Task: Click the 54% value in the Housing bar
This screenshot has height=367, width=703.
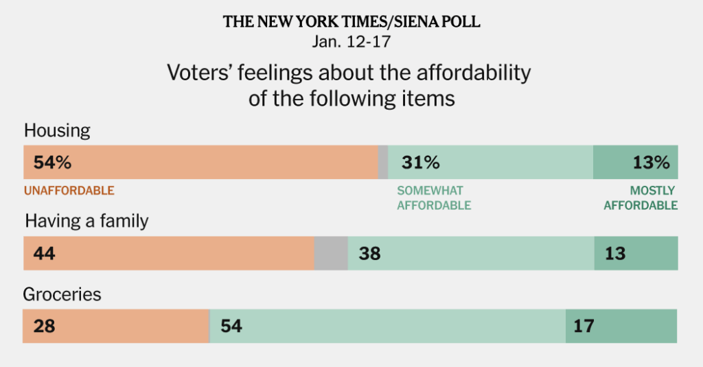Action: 48,163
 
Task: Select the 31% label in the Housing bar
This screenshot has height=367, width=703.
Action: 420,163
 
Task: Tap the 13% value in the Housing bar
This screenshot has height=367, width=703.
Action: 651,163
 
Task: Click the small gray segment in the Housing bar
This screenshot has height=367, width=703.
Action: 383,163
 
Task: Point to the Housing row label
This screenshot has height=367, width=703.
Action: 57,131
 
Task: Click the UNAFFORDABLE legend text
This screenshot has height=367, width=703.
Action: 69,191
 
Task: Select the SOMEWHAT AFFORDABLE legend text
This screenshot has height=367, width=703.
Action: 434,198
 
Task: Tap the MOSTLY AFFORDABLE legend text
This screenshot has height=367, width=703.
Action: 641,198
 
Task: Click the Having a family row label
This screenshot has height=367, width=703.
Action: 87,221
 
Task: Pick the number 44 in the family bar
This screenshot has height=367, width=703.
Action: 43,254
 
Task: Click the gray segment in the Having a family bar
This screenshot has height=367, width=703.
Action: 331,254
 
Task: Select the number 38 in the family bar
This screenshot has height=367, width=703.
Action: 369,254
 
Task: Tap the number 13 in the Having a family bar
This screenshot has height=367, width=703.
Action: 615,254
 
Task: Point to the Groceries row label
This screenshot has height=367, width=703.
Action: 62,294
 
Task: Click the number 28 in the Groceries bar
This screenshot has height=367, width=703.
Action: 43,326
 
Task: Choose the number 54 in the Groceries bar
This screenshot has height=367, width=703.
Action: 231,326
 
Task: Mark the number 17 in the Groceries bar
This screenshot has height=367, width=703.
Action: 584,326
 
